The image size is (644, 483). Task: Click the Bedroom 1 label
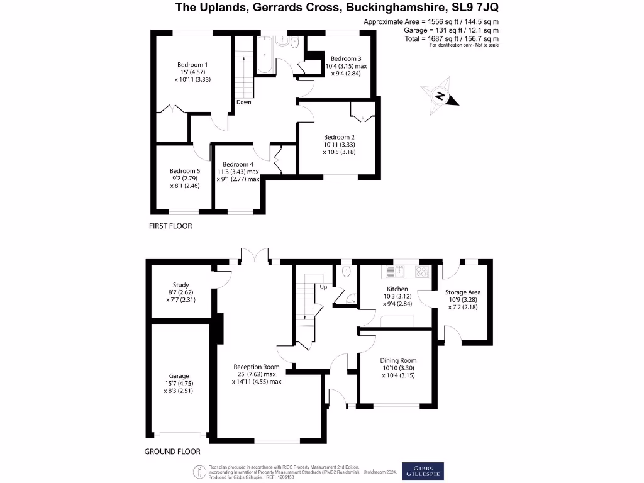tap(192, 65)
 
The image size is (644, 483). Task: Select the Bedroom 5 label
tap(184, 170)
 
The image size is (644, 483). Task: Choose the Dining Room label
tap(399, 360)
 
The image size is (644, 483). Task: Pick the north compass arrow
tap(441, 96)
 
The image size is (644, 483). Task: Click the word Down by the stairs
tap(244, 102)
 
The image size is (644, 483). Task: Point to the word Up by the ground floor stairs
tap(324, 287)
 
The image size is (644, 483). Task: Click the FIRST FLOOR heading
tap(170, 226)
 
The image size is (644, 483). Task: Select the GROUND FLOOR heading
tap(172, 452)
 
